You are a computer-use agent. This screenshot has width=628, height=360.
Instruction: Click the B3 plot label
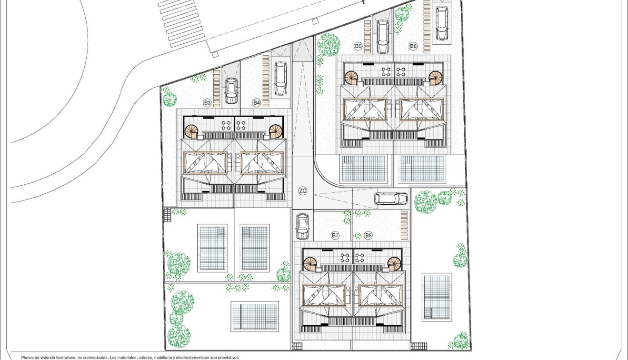point(207,102)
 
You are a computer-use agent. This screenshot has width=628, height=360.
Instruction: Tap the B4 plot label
point(257,102)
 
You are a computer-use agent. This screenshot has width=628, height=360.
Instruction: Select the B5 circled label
point(358,46)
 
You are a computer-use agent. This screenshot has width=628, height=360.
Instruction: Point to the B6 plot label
point(413,46)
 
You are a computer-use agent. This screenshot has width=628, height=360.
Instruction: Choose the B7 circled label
point(335,235)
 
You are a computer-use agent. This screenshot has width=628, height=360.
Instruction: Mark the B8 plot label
point(368,235)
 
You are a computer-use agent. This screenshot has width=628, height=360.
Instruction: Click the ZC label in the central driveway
point(303,191)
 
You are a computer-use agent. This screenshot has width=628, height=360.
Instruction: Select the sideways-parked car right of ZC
point(391,199)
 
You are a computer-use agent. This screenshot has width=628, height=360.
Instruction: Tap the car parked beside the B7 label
point(302,226)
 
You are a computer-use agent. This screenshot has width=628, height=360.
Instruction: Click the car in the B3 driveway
point(231,90)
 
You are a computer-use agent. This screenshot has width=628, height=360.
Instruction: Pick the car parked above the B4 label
point(281,79)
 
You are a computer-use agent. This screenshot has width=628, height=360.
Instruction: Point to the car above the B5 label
point(383,36)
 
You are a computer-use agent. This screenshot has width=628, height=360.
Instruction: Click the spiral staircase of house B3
point(191,131)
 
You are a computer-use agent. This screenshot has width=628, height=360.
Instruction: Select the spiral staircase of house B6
point(435,77)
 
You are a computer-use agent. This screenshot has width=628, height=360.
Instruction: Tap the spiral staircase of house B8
point(394,263)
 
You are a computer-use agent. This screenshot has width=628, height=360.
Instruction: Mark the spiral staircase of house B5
point(352,77)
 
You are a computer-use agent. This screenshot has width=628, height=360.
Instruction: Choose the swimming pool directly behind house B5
point(363,169)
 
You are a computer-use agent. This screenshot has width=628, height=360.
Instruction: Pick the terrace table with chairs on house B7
point(345,258)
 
